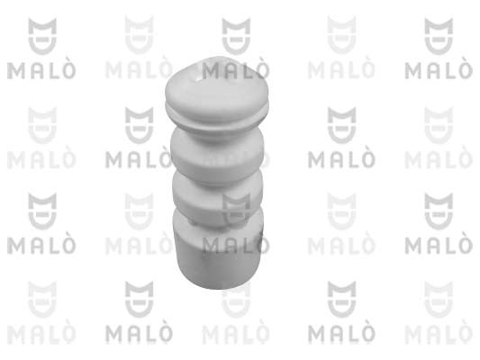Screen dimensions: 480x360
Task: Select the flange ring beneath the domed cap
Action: [x=217, y=114]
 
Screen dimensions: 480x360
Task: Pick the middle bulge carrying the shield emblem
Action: [x=217, y=199]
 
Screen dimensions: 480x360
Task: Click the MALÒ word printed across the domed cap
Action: [x=236, y=70]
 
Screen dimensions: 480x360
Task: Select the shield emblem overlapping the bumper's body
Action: [x=236, y=211]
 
